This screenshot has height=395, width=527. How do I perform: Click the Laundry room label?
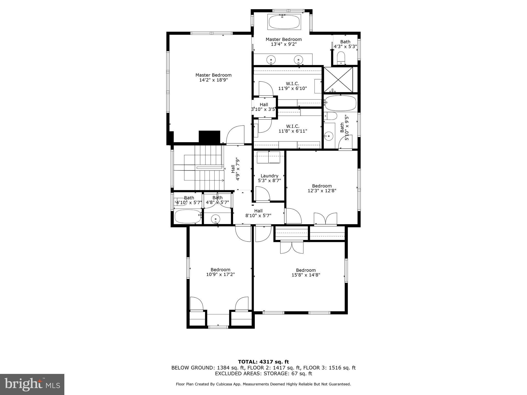pyautogui.click(x=269, y=176)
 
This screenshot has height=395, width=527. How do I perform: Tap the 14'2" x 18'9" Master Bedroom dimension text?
pyautogui.click(x=213, y=80)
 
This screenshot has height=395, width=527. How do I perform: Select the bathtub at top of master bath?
pyautogui.click(x=284, y=22)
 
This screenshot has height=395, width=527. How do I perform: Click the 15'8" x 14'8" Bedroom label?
pyautogui.click(x=306, y=270)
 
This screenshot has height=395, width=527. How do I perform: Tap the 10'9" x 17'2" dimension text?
pyautogui.click(x=220, y=274)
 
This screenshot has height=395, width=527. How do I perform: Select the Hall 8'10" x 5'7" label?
pyautogui.click(x=258, y=213)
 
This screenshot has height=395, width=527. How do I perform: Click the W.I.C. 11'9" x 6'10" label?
pyautogui.click(x=292, y=86)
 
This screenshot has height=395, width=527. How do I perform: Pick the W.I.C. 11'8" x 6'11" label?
pyautogui.click(x=293, y=129)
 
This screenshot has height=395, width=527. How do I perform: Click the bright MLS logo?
pyautogui.click(x=32, y=384)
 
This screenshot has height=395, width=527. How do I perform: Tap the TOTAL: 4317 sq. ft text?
pyautogui.click(x=263, y=362)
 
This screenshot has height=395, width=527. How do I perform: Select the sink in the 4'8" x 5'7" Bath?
pyautogui.click(x=215, y=219)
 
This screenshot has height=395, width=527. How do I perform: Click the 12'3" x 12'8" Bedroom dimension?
pyautogui.click(x=322, y=191)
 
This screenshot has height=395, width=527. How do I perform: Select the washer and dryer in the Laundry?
pyautogui.click(x=269, y=157)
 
